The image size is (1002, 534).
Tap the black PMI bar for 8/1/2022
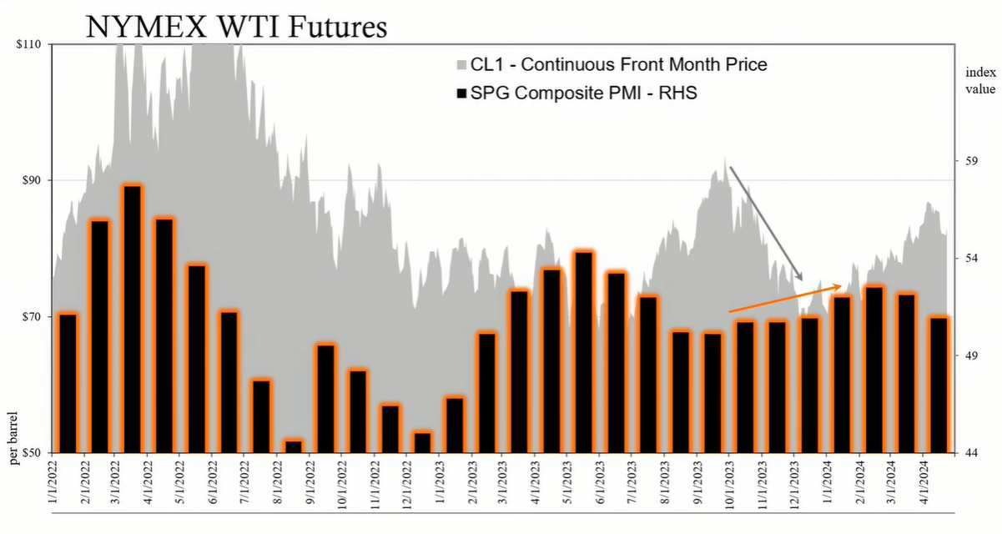tap(294, 446)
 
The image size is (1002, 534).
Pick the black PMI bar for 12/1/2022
tap(422, 442)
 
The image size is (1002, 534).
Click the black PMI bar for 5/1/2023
tap(583, 351)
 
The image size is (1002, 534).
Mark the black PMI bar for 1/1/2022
tap(68, 383)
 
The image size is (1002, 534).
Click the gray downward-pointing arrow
tap(766, 224)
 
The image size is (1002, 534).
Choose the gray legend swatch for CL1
tap(461, 65)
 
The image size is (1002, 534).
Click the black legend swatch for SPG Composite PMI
tap(461, 94)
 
